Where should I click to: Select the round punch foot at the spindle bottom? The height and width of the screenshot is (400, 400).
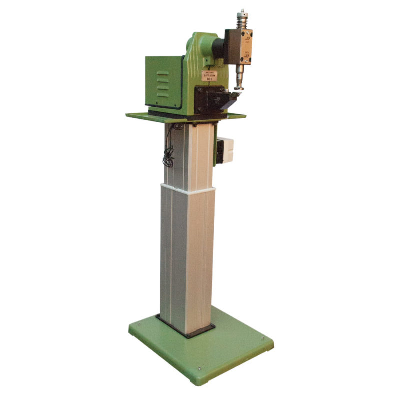coord(239,87)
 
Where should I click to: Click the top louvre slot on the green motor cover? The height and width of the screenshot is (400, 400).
coord(162,73)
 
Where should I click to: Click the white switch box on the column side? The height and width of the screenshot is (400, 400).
coord(225,150)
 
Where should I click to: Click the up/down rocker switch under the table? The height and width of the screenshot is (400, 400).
coord(179,127)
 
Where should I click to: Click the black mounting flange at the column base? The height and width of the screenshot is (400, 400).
coord(185,327)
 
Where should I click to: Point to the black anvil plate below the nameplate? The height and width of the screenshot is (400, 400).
coord(207,97)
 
